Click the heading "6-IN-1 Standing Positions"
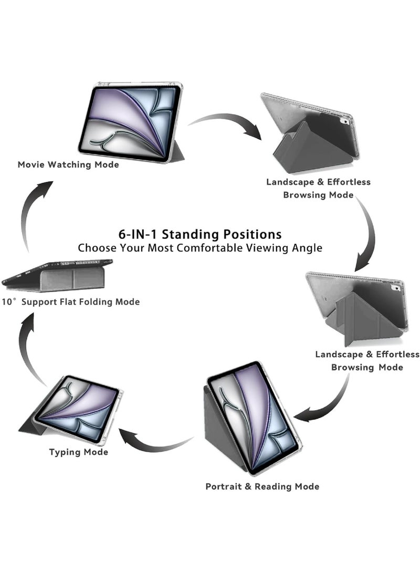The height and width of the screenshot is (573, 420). click(200, 234)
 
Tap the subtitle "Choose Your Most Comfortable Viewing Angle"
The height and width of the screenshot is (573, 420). click(200, 248)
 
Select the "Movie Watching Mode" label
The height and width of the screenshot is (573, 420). click(68, 165)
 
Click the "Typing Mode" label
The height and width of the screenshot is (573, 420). click(79, 452)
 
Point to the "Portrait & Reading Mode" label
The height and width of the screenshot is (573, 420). click(262, 487)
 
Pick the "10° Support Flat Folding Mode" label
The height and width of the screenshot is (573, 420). click(70, 302)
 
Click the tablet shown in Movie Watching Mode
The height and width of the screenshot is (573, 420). click(131, 122)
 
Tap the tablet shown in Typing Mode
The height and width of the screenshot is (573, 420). click(77, 411)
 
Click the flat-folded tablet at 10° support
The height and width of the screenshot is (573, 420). click(57, 275)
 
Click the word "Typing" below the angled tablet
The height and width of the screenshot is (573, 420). click(64, 452)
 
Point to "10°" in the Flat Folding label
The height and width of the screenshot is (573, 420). click(9, 302)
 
